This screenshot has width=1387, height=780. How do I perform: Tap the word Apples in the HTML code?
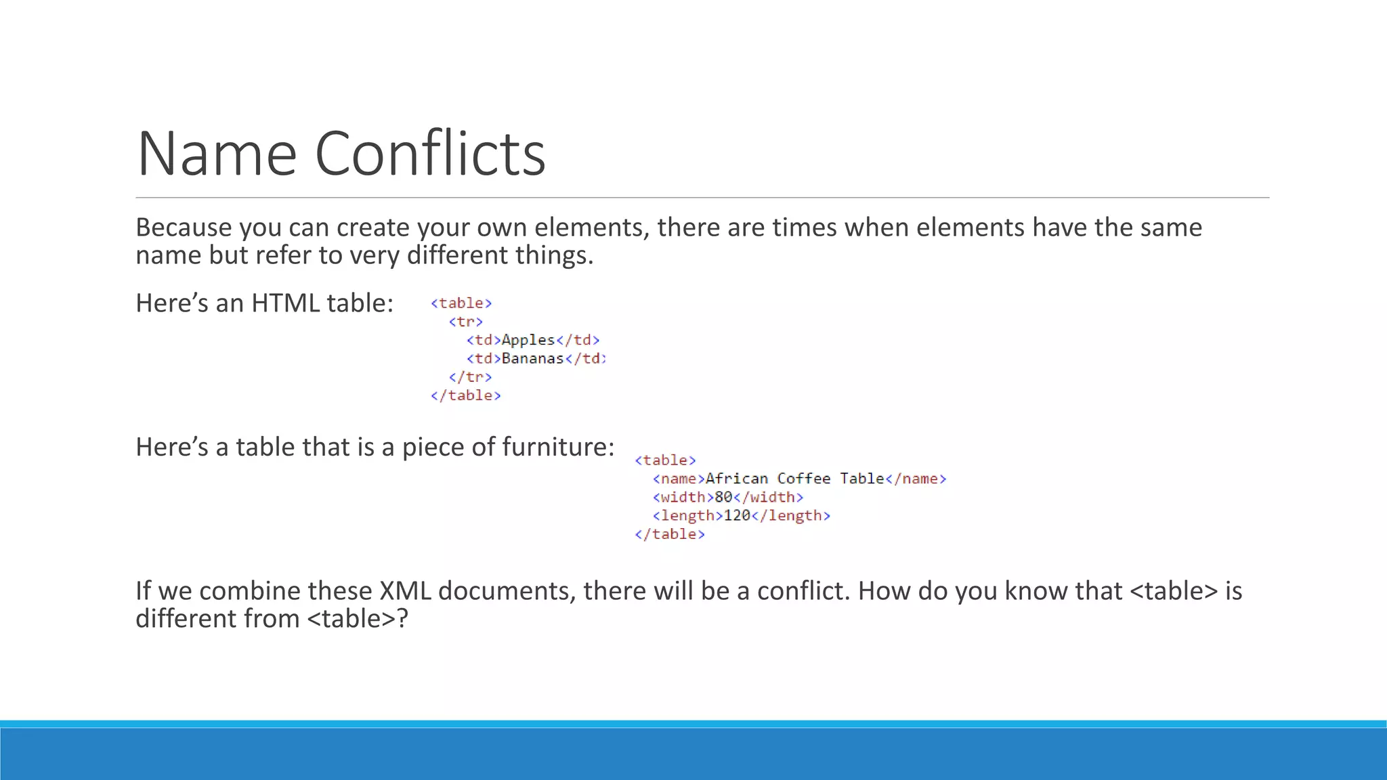point(528,340)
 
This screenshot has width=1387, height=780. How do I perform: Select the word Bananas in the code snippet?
point(532,358)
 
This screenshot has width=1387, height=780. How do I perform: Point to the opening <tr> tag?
point(466,322)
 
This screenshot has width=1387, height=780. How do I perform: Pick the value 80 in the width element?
point(723,497)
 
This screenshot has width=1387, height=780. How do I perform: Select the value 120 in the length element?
point(737,515)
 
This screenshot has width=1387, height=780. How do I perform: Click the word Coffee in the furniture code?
point(803,479)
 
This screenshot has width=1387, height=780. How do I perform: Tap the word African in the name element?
point(737,479)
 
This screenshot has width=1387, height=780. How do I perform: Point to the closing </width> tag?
point(769,497)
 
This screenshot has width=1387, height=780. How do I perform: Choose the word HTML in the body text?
point(285,303)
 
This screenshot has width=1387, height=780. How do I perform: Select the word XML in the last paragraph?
point(405,591)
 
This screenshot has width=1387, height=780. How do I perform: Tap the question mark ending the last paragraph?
point(402,619)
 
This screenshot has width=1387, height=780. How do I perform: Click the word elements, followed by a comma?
point(592,227)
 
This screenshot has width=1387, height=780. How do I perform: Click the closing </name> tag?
point(916,479)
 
